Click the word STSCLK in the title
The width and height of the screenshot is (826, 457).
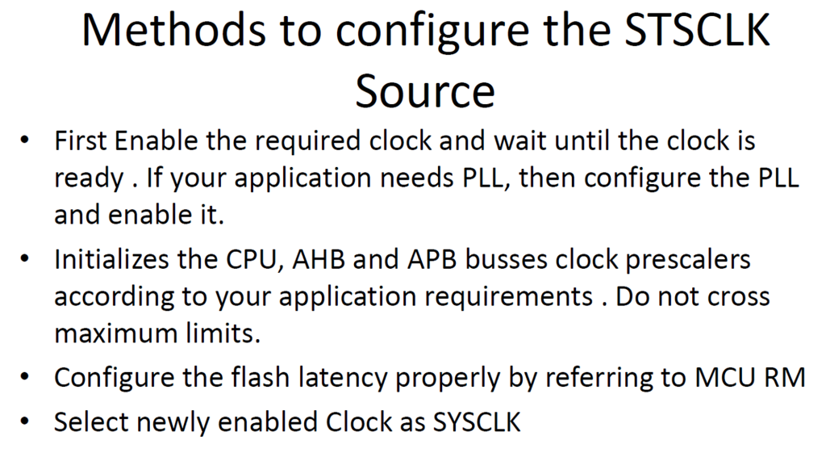click(x=697, y=31)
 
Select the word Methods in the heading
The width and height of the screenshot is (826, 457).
click(x=174, y=31)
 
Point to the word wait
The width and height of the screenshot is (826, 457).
click(x=520, y=141)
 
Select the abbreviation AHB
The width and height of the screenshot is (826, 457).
click(x=319, y=260)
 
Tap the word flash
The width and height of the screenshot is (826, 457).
click(x=261, y=378)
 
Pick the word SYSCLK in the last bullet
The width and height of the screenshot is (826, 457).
click(x=477, y=422)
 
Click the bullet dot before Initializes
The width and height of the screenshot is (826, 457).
click(x=24, y=259)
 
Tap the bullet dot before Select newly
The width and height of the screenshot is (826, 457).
click(x=24, y=421)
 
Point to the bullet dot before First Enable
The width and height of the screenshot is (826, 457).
click(x=24, y=140)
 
